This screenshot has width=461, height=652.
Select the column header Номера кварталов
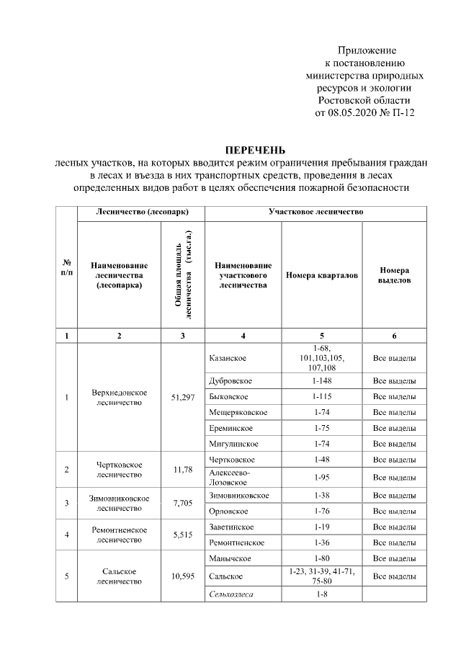tap(321, 275)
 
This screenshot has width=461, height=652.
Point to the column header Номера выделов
tap(394, 275)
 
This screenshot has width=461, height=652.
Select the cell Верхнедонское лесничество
tap(120, 397)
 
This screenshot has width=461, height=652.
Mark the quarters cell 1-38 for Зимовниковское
tap(321, 496)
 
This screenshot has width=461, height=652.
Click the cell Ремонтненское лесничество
tap(120, 535)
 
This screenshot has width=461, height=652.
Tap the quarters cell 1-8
tap(321, 594)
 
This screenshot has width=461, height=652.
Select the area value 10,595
tap(183, 576)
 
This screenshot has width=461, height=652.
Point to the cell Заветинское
tap(230, 527)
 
